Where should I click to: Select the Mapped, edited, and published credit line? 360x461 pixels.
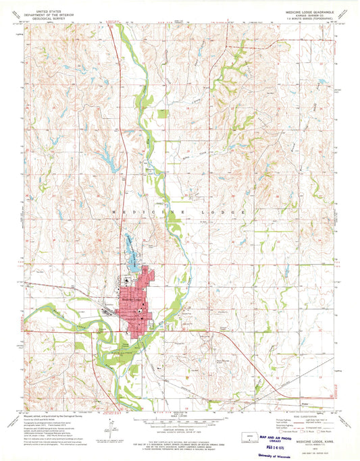[x=47, y=413]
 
